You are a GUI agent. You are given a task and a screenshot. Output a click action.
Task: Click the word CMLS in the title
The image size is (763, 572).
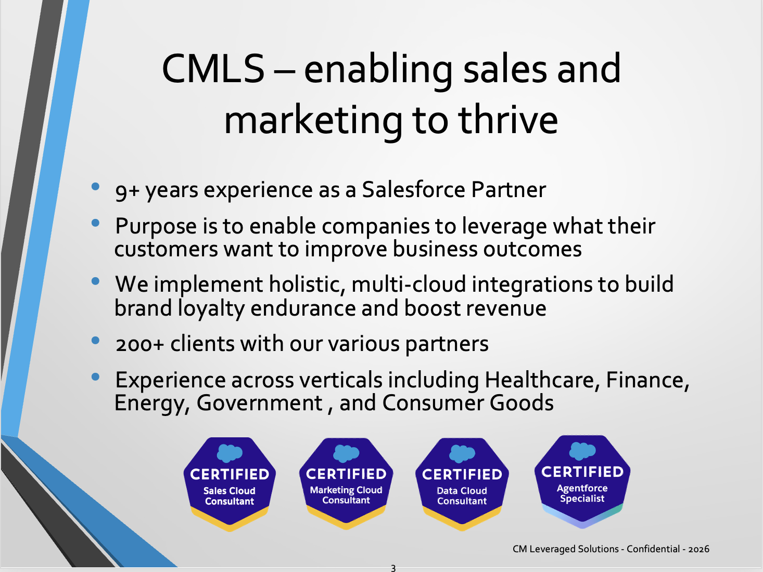(213, 69)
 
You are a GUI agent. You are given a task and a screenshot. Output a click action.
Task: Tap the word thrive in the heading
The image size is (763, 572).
(508, 119)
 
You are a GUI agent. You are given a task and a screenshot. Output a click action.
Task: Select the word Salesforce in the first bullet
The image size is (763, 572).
(414, 190)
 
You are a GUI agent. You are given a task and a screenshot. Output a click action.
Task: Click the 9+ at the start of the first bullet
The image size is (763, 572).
(127, 191)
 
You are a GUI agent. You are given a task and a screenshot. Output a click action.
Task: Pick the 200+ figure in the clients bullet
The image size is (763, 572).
(139, 345)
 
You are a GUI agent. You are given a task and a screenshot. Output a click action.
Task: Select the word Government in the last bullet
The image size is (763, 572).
(260, 404)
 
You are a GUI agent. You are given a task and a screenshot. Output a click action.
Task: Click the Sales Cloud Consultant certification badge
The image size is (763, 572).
(230, 484)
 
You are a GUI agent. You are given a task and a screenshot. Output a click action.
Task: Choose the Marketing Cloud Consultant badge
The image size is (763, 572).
(346, 484)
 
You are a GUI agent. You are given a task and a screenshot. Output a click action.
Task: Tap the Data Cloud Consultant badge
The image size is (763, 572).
(462, 484)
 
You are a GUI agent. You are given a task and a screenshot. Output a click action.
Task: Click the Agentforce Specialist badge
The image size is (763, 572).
(582, 482)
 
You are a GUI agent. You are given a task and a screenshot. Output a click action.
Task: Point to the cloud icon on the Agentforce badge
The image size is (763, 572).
(582, 450)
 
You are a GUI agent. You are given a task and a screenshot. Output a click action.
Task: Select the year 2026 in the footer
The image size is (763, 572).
(698, 549)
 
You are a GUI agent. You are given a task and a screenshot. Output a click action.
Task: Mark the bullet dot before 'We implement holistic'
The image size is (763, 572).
(95, 281)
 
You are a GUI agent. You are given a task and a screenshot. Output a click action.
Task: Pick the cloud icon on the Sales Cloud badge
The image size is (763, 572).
(230, 453)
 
